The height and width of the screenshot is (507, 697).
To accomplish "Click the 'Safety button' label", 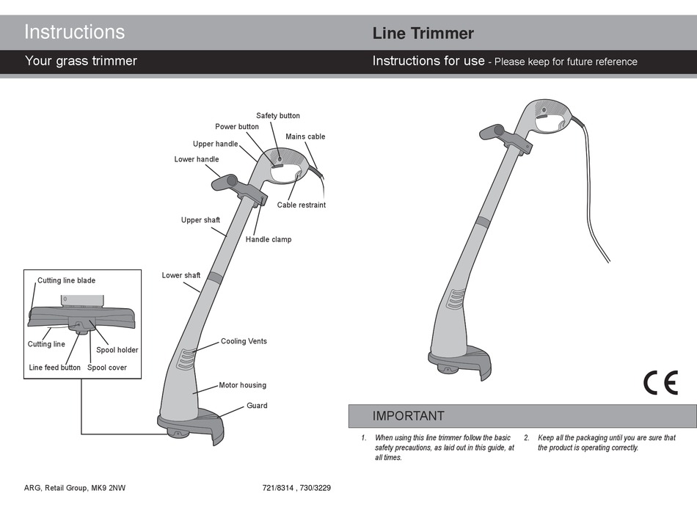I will coord(277,116).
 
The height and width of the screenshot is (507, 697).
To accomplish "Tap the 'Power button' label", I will coord(236,127).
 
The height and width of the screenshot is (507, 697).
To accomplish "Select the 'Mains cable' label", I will coord(305,136).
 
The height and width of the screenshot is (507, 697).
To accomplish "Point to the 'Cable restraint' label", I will coord(301,205).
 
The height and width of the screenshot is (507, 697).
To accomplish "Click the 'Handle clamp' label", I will coord(268,239).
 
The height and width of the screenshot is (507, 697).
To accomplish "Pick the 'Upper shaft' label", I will coord(200,220).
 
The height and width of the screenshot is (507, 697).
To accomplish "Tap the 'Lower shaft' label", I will coord(181,275).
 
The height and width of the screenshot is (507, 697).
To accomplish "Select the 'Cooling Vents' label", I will coord(244,341).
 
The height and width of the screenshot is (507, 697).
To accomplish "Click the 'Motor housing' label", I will coord(242,385).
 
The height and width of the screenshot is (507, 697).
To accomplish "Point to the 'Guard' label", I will coord(257,406).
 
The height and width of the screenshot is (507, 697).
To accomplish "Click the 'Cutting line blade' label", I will coord(66,280).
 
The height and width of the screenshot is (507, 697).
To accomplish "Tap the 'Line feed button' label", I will coord(54,368).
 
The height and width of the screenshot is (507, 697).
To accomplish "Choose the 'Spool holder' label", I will coord(117,350).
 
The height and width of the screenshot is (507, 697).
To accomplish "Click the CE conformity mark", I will coord(660,383).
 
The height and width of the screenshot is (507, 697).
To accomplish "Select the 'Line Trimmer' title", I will coord(423,33).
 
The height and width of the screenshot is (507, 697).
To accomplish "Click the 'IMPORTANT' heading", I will coord(408,416).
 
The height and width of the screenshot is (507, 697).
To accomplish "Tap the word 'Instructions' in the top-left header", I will coord(74,32).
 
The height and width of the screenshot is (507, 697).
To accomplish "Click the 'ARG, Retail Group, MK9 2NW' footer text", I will coord(70,488).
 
